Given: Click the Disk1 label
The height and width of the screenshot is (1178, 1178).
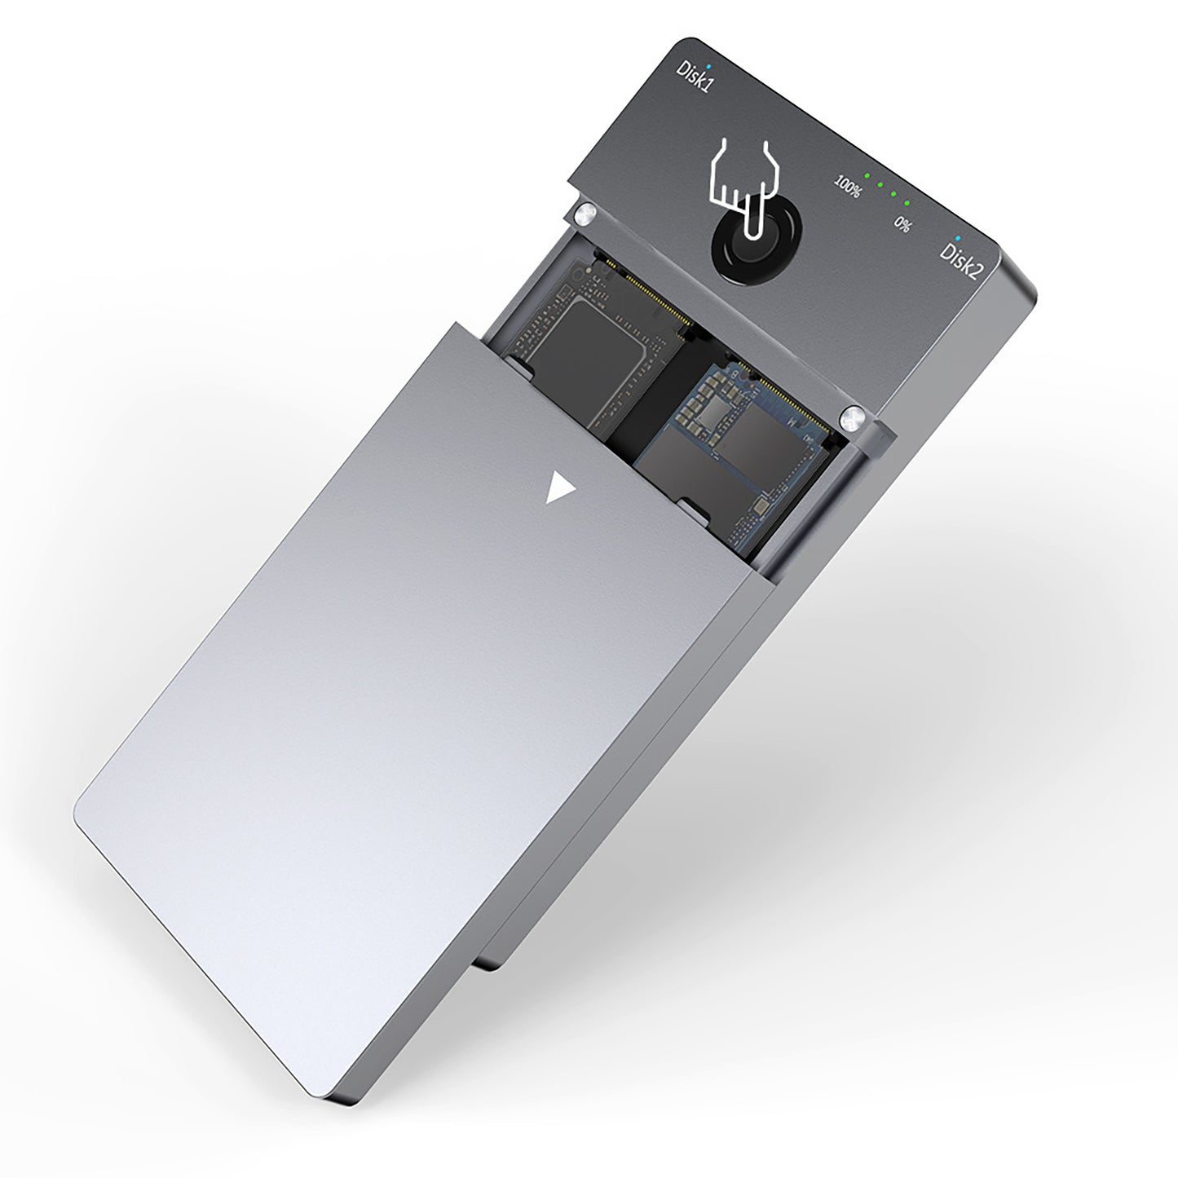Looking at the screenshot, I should [694, 77].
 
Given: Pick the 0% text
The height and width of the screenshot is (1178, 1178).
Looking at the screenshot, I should [902, 223].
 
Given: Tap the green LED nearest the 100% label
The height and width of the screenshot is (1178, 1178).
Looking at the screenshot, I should [867, 175].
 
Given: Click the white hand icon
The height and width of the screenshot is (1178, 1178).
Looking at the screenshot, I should [742, 176].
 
